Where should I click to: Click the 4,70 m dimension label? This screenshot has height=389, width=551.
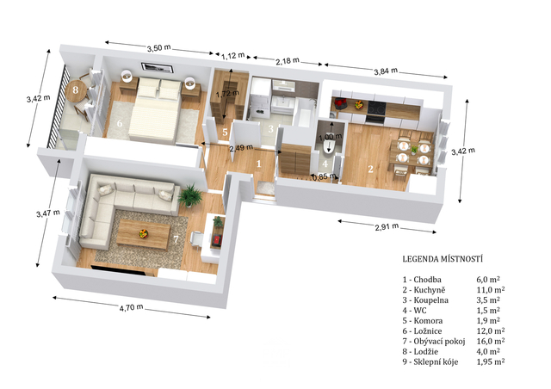(131, 307)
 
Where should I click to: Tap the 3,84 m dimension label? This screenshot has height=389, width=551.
(386, 71)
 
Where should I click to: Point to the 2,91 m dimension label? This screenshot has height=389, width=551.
(387, 226)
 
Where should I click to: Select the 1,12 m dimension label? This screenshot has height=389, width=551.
(233, 55)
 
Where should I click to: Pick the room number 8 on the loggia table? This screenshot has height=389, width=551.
(75, 90)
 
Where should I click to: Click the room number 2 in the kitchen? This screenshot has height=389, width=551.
(370, 169)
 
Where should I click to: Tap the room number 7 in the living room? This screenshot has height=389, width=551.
(176, 239)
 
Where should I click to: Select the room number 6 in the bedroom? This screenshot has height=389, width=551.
(120, 123)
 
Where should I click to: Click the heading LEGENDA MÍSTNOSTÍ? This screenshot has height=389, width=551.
(443, 259)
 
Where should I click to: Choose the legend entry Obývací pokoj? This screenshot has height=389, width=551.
(439, 341)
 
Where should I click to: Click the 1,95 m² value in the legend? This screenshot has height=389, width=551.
(491, 361)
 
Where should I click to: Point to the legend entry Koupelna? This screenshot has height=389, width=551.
(430, 300)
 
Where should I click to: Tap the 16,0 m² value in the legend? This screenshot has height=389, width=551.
(491, 341)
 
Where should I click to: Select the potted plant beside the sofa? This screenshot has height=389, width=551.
(189, 195)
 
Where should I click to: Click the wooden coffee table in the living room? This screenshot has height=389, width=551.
(143, 234)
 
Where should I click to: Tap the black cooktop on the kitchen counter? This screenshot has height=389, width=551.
(376, 108)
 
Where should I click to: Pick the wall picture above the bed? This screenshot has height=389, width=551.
(158, 67)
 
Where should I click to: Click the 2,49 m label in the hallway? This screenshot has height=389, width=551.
(241, 148)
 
